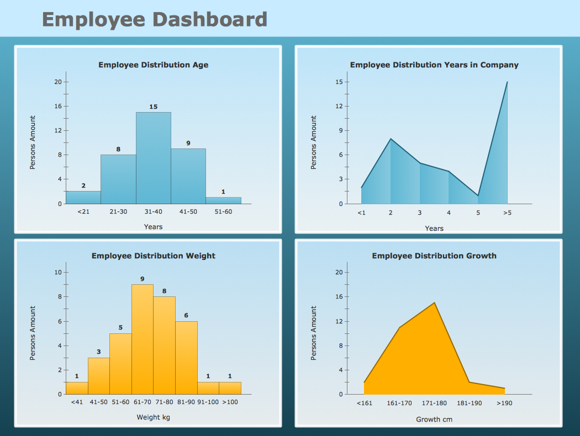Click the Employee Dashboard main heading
(x=155, y=20)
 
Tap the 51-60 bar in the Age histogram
(x=223, y=200)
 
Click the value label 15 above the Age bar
(x=154, y=107)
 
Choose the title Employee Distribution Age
(x=154, y=65)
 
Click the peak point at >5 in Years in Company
(x=507, y=82)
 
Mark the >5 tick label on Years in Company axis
(x=507, y=213)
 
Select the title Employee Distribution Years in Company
(x=434, y=65)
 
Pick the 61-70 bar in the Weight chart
(x=143, y=339)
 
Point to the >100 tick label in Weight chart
(x=230, y=402)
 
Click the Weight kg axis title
(x=154, y=418)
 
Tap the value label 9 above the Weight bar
(x=143, y=279)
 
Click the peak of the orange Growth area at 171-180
(x=435, y=302)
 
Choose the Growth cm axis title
(x=434, y=419)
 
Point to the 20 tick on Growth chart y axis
(x=339, y=272)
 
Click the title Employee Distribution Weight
(x=154, y=256)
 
